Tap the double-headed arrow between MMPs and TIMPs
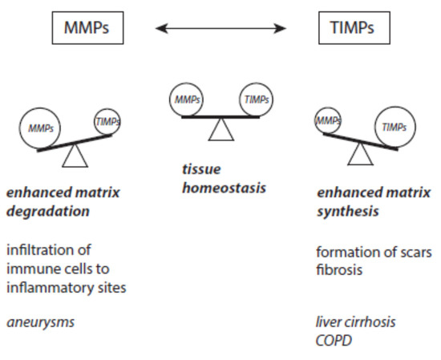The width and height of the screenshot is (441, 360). point(220,29)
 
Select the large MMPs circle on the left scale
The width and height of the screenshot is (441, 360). point(44,127)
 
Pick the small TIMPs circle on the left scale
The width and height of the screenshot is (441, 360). point(109,120)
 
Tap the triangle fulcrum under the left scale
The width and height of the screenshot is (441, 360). point(75,156)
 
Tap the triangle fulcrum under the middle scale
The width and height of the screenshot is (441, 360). point(219,131)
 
